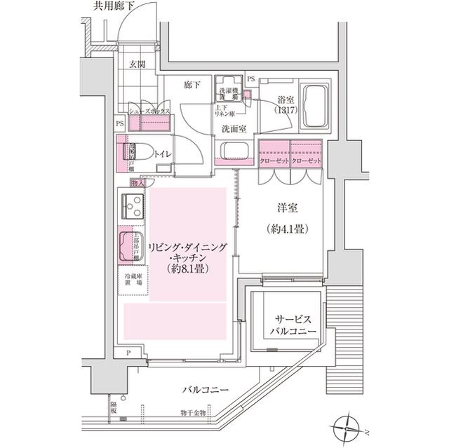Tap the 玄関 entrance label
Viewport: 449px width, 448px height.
(x=137, y=66)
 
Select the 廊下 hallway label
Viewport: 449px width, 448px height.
(x=193, y=86)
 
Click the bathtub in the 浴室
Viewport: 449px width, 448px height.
(x=315, y=106)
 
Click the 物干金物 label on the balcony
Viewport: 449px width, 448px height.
(x=192, y=414)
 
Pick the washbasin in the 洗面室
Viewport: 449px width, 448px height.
(x=232, y=152)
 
